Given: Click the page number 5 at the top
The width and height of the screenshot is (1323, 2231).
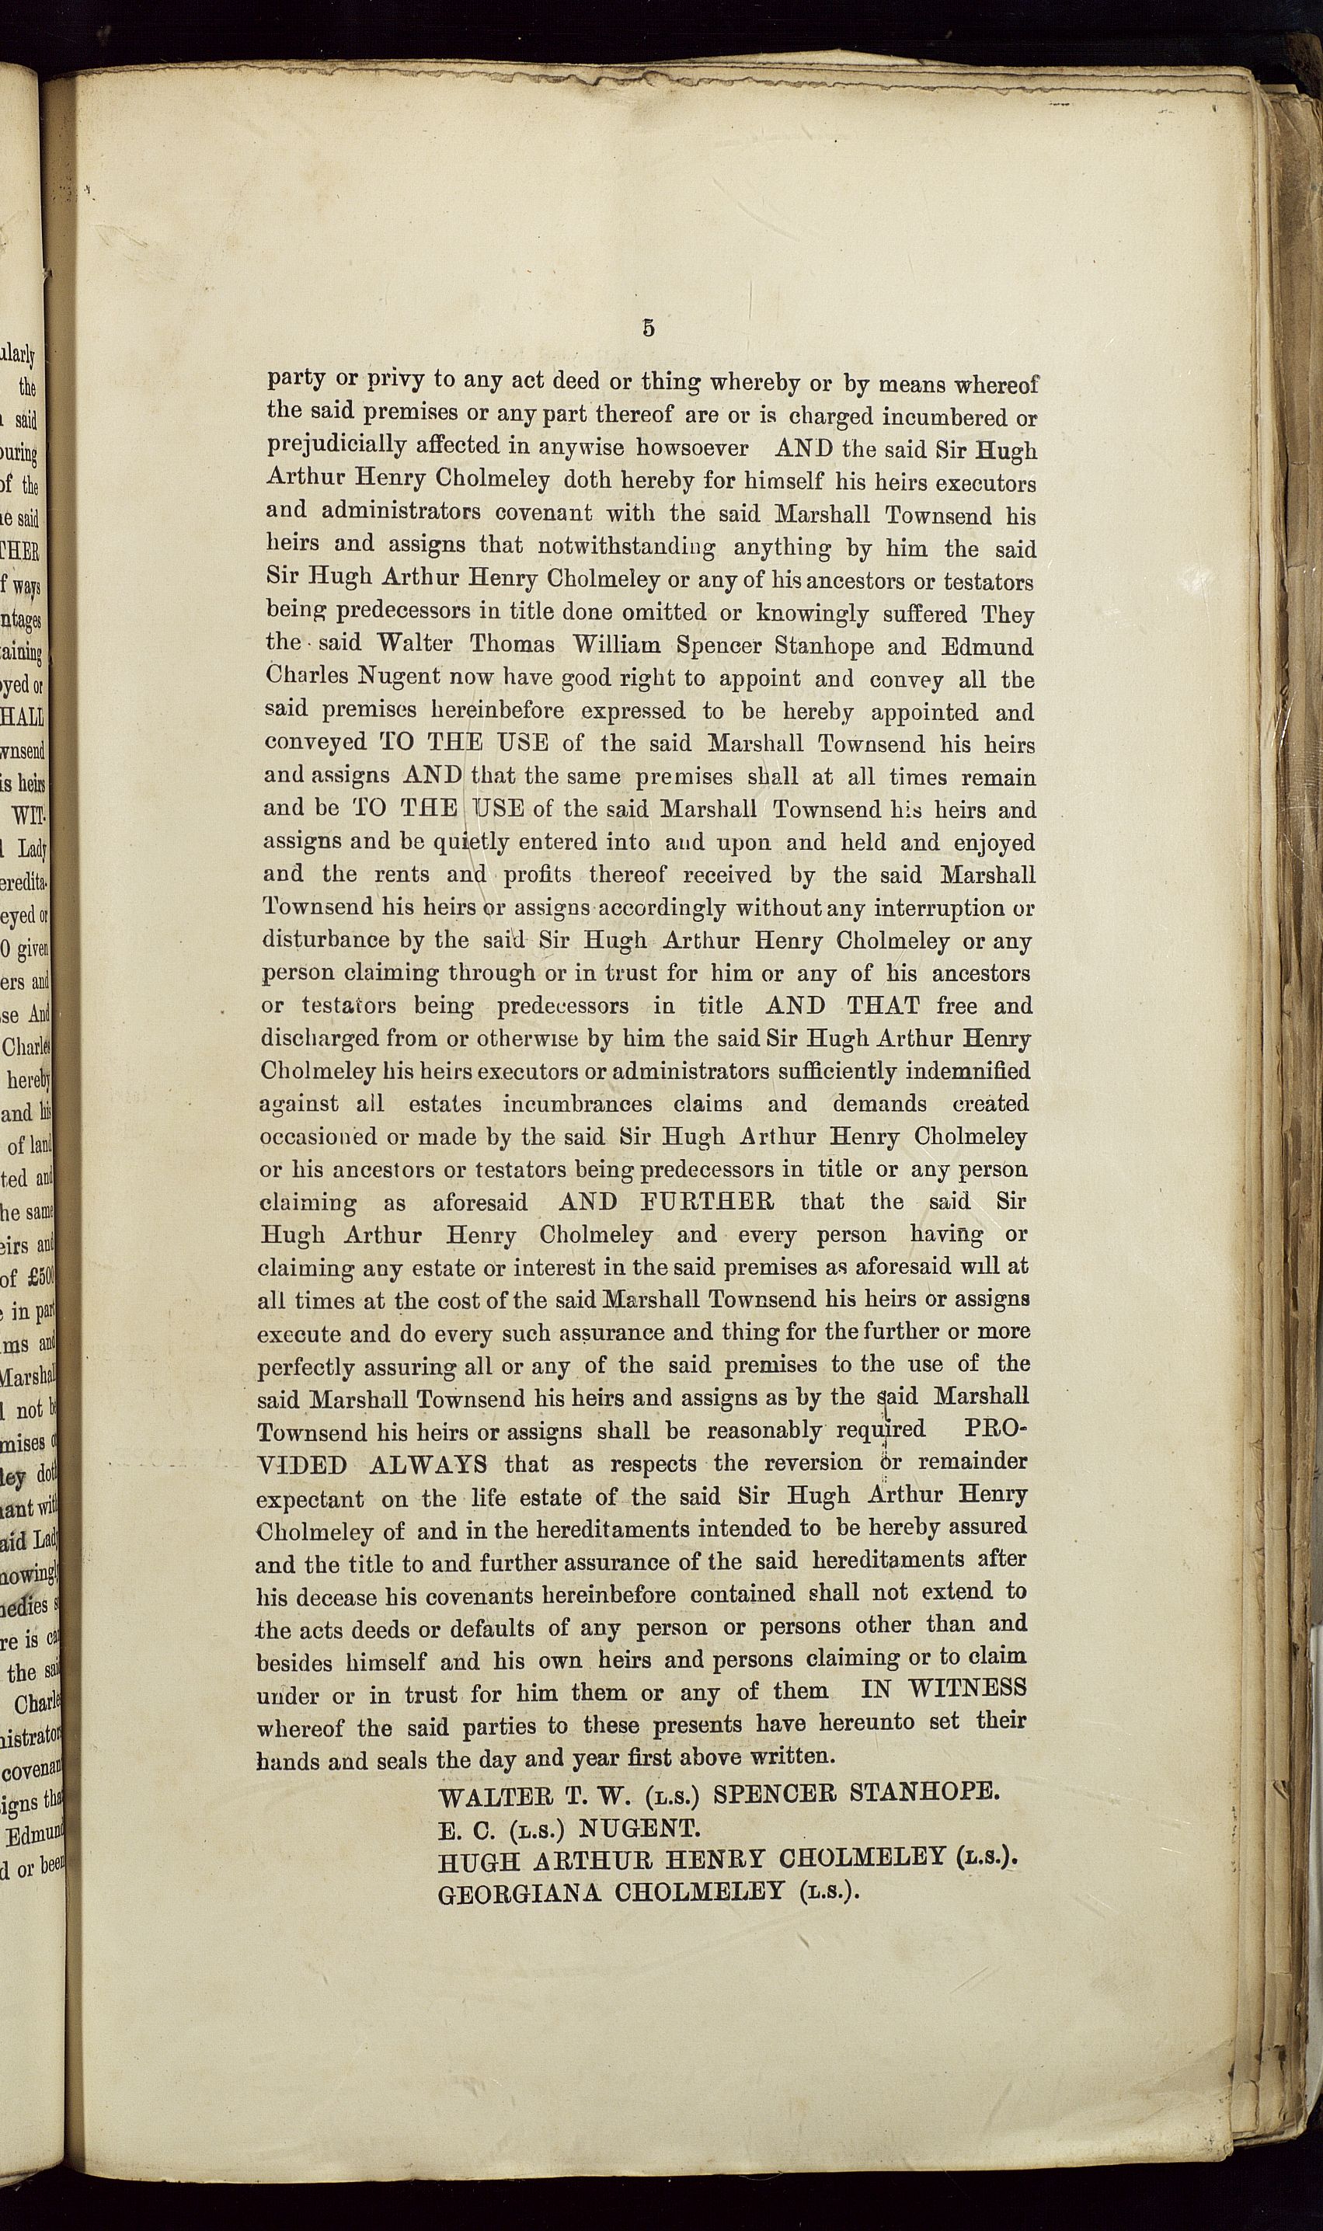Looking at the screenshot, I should (x=648, y=328).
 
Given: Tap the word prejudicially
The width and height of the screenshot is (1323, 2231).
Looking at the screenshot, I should (x=337, y=445).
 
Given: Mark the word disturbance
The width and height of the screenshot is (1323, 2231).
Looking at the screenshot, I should (x=326, y=941).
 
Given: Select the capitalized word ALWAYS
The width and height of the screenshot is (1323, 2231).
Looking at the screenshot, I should (x=428, y=1464).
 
